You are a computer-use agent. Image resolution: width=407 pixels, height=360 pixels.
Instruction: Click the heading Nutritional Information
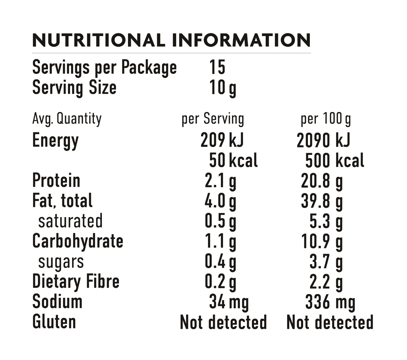pos(171,40)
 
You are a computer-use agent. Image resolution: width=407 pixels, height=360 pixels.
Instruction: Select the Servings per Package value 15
pos(217,67)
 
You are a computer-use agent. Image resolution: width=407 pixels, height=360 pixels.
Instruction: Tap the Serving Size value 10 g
pos(223,88)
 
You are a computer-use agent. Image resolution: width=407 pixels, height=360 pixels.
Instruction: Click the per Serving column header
pos(213,119)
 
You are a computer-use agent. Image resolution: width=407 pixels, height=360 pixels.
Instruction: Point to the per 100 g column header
pos(326,119)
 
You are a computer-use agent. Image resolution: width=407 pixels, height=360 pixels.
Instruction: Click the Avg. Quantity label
pos(67,119)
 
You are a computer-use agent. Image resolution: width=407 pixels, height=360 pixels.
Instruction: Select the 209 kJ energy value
pos(222,140)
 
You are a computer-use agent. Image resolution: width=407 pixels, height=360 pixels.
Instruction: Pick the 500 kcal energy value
pos(335,161)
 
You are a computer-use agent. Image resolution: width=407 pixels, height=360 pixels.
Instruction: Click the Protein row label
pos(56,181)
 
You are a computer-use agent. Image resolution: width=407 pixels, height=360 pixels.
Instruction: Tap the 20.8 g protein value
pos(322,181)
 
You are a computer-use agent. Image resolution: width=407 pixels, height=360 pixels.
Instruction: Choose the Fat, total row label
pos(62,201)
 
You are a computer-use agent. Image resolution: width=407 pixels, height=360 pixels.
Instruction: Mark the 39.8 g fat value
pos(322,202)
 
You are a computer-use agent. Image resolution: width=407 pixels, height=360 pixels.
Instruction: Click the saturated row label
pos(70,221)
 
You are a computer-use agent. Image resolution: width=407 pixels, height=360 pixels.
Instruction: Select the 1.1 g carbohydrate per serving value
pos(220,242)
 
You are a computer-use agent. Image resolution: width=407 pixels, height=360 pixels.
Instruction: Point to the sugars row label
pos(61,262)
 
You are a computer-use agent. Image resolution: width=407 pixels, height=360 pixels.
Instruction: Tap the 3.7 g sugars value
pos(326,262)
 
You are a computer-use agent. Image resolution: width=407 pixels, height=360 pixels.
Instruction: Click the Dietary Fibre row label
pos(76,281)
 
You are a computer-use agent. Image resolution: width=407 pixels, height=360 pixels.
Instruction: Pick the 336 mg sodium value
pos(330,303)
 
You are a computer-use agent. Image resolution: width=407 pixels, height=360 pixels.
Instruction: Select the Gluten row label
pos(54,322)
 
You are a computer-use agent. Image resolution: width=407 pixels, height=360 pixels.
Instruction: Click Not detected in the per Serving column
pos(223,322)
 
